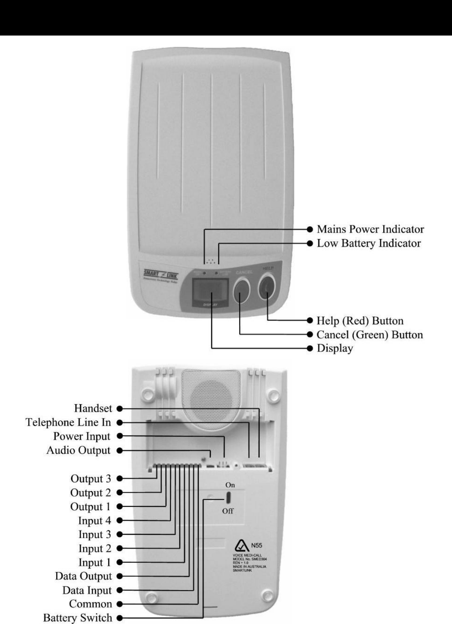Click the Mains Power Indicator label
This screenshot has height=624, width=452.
click(x=370, y=229)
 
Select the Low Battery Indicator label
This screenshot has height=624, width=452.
click(x=368, y=244)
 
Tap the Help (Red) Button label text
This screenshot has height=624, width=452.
click(x=360, y=321)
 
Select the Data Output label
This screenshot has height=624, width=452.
click(x=83, y=576)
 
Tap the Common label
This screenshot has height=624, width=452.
click(x=90, y=604)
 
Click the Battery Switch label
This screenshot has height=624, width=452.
click(x=78, y=618)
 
